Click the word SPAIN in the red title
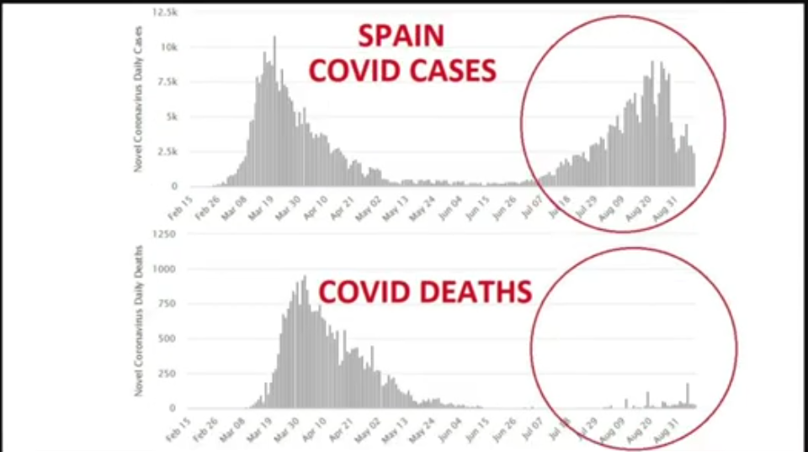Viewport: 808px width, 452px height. point(401,36)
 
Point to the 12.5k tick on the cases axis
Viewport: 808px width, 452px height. point(164,13)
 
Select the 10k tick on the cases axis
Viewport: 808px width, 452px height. point(169,47)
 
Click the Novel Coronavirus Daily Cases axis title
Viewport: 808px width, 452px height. point(137,99)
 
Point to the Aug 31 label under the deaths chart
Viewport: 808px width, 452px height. point(678,430)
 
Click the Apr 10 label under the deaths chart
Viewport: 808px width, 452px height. point(313,430)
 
